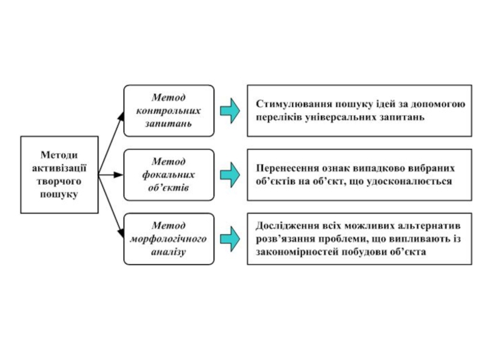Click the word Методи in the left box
click(x=59, y=155)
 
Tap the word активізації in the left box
click(x=59, y=168)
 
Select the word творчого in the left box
click(x=59, y=181)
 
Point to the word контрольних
click(x=169, y=110)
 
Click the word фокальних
click(x=169, y=175)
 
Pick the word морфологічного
click(x=169, y=238)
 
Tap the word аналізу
click(x=169, y=252)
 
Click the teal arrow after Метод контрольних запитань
click(x=230, y=111)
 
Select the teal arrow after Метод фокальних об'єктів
click(x=230, y=175)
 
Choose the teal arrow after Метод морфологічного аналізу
click(x=230, y=239)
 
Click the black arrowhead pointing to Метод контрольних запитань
click(x=121, y=116)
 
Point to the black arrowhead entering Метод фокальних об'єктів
click(x=118, y=175)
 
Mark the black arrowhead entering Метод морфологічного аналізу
click(x=121, y=233)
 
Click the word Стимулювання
click(x=294, y=104)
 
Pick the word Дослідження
click(x=287, y=226)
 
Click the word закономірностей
click(x=296, y=252)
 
